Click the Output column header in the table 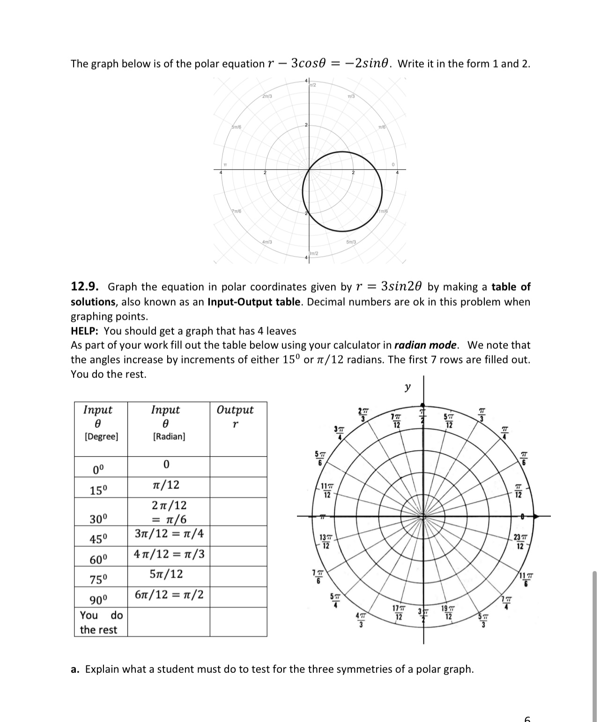235,410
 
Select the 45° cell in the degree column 99,539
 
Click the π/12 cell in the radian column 166,485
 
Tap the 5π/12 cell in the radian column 166,574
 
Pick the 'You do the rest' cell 101,622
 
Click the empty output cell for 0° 238,466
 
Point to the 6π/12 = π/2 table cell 169,595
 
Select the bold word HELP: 85,331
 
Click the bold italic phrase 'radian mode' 425,346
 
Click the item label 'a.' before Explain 75,669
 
